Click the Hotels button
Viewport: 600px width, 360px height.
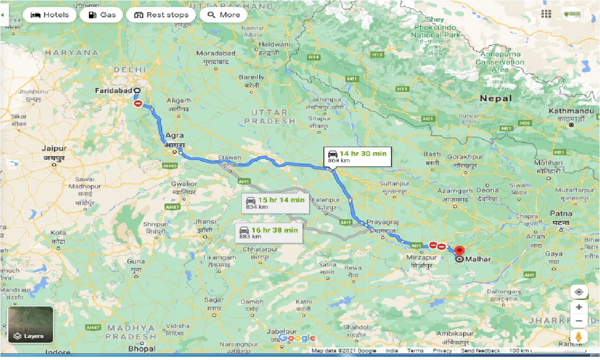pos(49,15)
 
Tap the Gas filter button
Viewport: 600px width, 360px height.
pos(101,15)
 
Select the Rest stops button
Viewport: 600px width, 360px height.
pos(161,15)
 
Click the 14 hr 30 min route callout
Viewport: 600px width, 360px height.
pos(358,157)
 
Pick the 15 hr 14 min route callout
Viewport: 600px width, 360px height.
pos(275,202)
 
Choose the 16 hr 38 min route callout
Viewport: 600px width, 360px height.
pos(269,232)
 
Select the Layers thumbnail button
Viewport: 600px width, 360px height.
pos(30,324)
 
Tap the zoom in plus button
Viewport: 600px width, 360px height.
pos(579,307)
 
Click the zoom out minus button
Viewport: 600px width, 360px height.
pos(579,321)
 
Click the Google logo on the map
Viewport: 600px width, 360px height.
pos(297,338)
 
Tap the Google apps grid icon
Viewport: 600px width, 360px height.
pos(546,14)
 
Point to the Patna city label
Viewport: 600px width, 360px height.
pos(561,214)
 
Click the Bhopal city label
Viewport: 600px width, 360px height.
pos(142,348)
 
